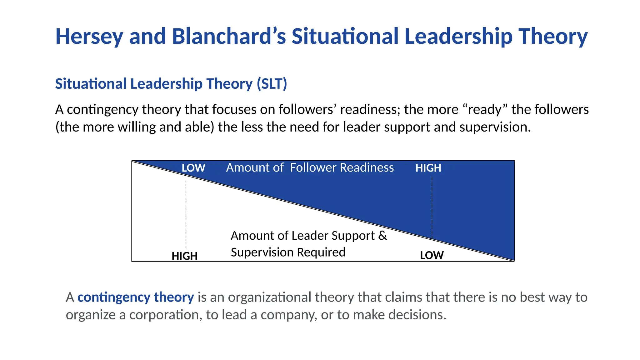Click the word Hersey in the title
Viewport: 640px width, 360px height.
click(x=89, y=37)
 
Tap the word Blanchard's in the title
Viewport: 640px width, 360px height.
click(x=229, y=36)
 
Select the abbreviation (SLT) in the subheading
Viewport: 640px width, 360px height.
click(x=272, y=84)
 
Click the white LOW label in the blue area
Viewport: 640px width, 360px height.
click(x=193, y=168)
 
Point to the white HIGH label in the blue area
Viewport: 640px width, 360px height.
click(x=428, y=168)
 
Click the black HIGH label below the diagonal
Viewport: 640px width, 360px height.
click(x=184, y=256)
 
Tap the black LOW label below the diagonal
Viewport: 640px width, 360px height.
click(x=432, y=255)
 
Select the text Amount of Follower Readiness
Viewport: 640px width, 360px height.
click(x=310, y=168)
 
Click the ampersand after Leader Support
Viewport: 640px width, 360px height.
click(x=382, y=236)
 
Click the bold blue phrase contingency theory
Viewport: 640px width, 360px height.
click(x=136, y=297)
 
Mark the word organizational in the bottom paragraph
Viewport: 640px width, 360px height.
click(x=269, y=297)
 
